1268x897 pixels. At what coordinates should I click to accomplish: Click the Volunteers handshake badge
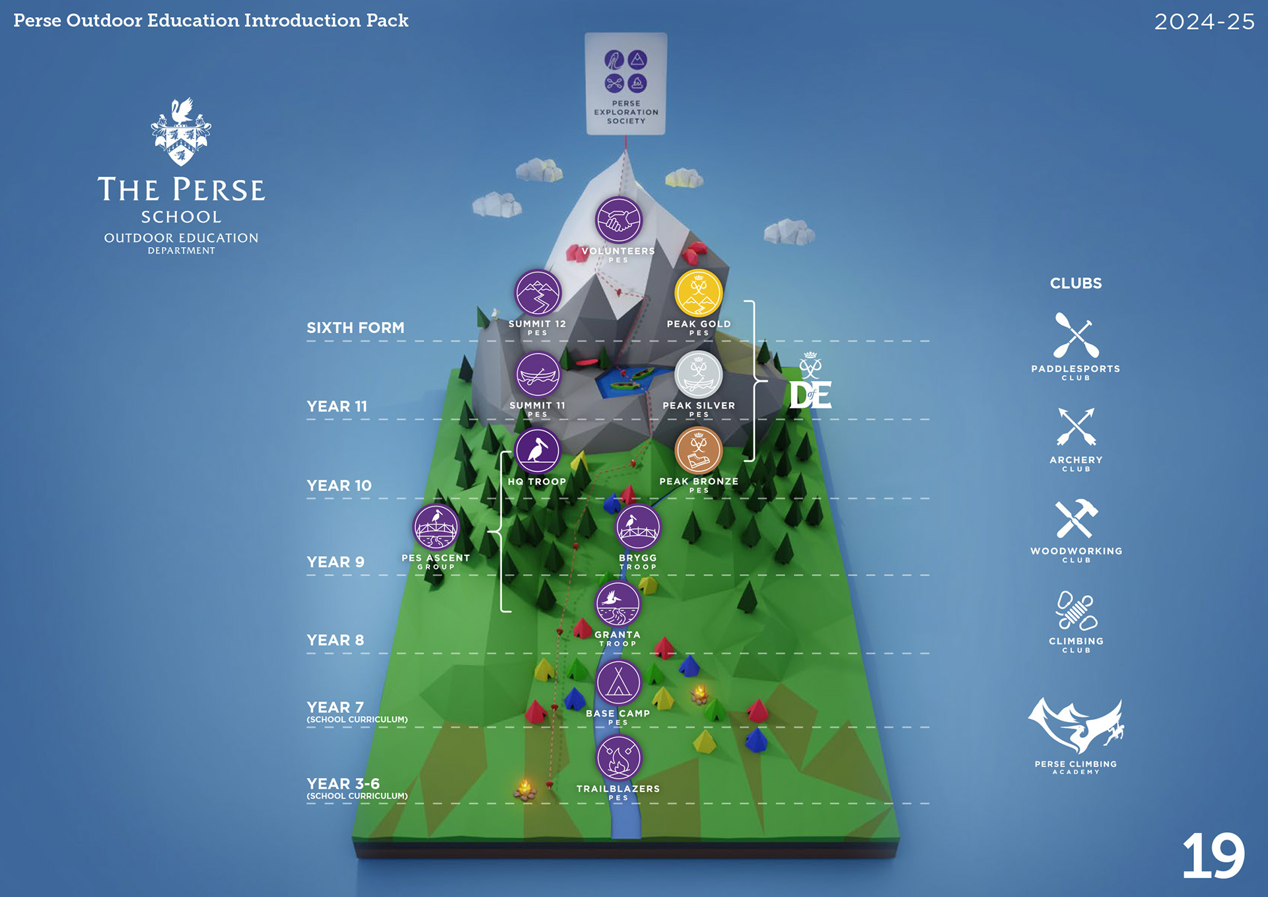click(x=618, y=220)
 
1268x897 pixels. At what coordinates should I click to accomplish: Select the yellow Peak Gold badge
click(x=698, y=293)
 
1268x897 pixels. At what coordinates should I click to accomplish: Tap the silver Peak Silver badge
click(x=698, y=375)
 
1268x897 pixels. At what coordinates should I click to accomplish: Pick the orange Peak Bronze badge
click(x=698, y=450)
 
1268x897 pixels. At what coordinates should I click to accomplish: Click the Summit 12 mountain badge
click(x=538, y=293)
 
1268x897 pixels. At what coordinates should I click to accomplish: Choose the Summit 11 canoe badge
click(x=538, y=375)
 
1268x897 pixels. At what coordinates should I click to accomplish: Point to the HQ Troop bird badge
click(x=538, y=450)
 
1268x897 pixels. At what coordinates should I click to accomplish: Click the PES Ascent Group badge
click(x=436, y=527)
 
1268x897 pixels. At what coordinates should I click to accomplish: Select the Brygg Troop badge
click(x=637, y=527)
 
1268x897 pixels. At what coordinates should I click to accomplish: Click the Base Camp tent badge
click(x=618, y=682)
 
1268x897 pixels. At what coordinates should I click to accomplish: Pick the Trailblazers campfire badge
click(x=618, y=758)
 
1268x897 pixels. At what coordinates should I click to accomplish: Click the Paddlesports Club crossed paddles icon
click(x=1076, y=336)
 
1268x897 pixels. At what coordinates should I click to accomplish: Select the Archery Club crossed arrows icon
click(x=1076, y=427)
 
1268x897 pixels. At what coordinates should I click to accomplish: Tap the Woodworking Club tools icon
click(x=1076, y=519)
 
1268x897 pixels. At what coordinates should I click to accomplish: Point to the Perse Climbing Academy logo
click(x=1076, y=727)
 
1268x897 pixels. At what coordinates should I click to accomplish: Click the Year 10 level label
click(x=339, y=485)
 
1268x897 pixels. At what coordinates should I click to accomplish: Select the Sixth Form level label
click(x=355, y=328)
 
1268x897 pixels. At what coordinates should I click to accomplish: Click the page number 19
click(x=1213, y=856)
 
